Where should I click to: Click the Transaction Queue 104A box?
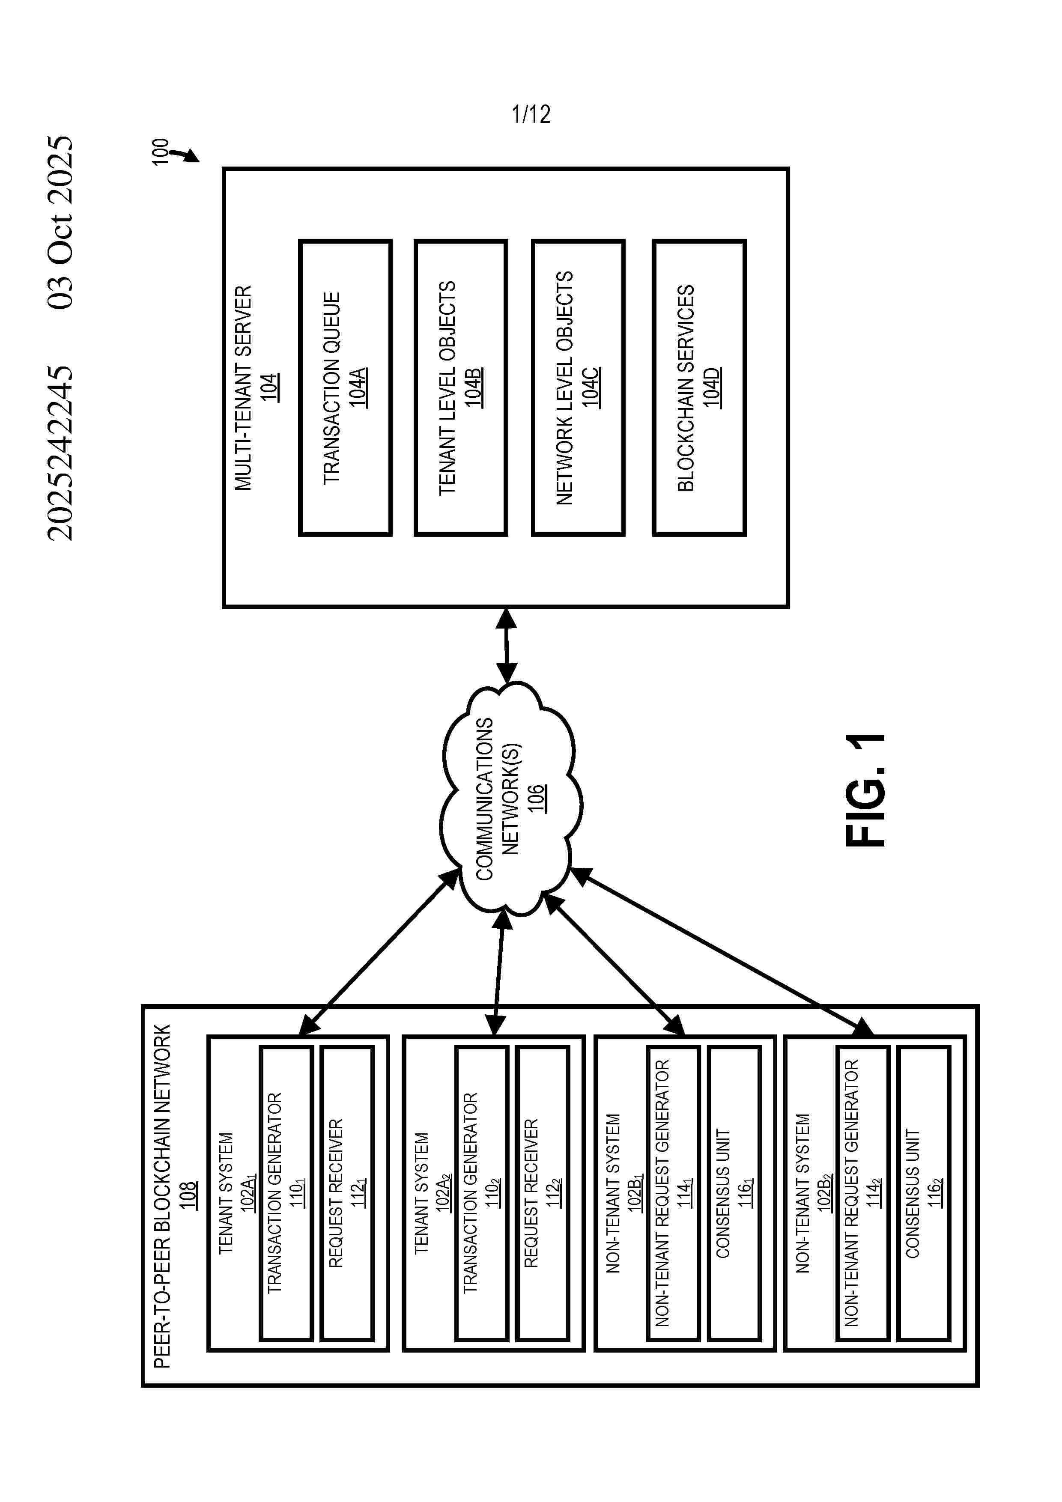click(345, 388)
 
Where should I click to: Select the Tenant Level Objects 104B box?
click(461, 388)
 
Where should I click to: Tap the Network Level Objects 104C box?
click(578, 388)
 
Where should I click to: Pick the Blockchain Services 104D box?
click(699, 388)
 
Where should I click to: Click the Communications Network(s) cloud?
click(510, 798)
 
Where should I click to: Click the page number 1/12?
click(531, 114)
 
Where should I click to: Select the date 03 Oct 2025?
click(61, 222)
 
